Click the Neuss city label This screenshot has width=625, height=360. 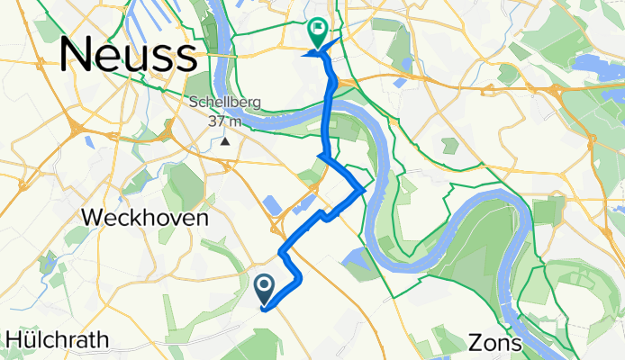click(129, 56)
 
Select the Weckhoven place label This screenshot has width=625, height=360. click(145, 218)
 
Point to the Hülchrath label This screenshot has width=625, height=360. click(58, 340)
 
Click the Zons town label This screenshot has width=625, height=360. click(494, 343)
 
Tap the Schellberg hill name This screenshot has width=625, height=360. click(225, 103)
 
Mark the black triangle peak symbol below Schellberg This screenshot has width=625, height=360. click(226, 140)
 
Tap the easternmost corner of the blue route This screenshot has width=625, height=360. click(363, 189)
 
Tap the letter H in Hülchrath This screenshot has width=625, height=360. click(14, 340)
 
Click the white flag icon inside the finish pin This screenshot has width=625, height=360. click(318, 30)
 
